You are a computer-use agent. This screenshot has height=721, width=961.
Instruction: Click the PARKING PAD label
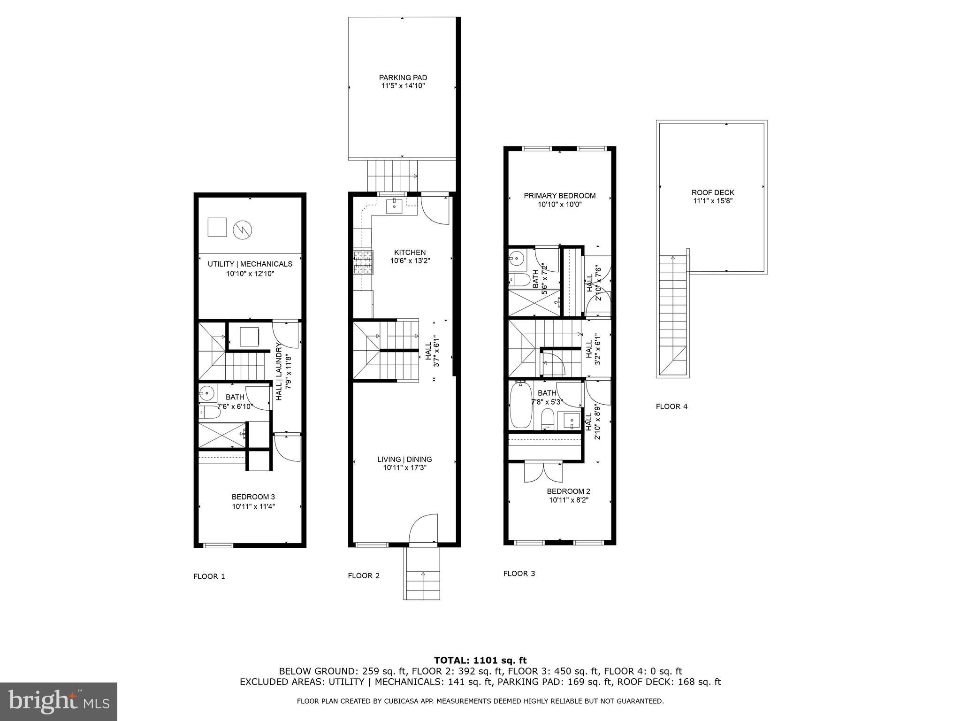pos(403,78)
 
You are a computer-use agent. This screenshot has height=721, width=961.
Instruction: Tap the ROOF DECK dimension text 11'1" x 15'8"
pos(713,201)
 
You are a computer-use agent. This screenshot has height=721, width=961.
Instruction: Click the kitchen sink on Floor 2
pos(394,205)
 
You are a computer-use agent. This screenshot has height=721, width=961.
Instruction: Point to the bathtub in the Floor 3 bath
pos(520,405)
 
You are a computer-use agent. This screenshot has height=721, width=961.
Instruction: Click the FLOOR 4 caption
pos(671,407)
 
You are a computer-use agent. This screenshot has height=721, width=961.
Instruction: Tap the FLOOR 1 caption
pos(209,576)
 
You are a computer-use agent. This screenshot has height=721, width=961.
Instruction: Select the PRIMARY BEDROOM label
pos(559,196)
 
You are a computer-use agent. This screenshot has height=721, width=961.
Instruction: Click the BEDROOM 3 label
pos(253,497)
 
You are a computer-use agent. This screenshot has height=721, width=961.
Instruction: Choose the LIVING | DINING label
pos(404,460)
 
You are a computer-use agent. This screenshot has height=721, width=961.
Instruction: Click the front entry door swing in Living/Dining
pos(423,529)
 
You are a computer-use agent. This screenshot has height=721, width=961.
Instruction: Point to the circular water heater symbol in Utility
pos(243,230)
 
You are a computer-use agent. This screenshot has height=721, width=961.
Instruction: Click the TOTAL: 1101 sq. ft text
pos(480,660)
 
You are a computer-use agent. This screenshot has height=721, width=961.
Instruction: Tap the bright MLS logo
pos(58,701)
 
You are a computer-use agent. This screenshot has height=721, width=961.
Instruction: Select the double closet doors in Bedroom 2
pos(543,471)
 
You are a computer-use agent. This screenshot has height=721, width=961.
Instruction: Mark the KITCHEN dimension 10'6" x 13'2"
pos(410,261)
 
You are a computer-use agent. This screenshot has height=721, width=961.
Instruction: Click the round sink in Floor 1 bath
pos(206,392)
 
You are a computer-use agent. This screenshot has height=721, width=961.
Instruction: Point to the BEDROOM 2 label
pos(568,491)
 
